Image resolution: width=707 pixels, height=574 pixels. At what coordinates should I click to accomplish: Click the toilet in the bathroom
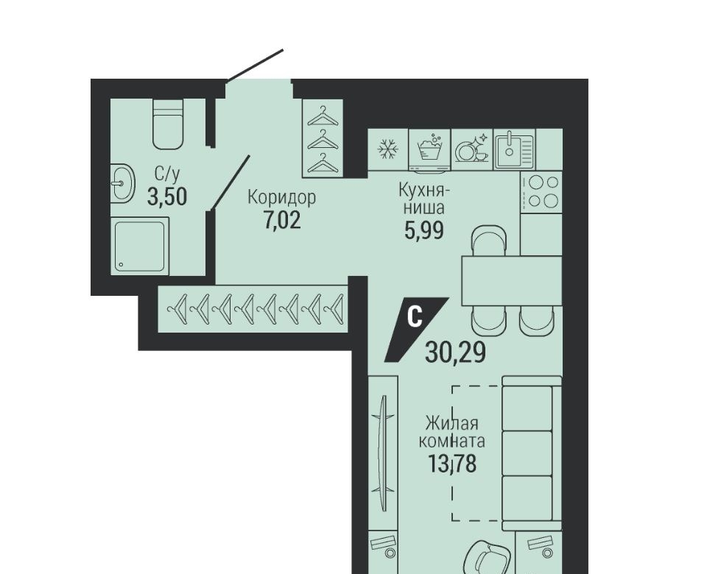tap(168, 124)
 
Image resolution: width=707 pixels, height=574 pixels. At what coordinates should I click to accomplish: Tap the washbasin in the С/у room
tap(122, 183)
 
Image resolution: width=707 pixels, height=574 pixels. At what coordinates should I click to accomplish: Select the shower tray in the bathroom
tap(140, 246)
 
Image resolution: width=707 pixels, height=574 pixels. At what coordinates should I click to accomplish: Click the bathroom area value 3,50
tap(167, 197)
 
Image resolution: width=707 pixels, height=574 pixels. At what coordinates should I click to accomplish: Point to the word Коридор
tap(282, 197)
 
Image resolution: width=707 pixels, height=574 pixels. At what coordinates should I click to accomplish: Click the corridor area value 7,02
tap(282, 221)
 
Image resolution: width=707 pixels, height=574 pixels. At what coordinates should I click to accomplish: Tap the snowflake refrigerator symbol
tap(388, 149)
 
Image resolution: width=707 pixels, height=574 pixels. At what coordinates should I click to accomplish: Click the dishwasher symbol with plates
tap(471, 149)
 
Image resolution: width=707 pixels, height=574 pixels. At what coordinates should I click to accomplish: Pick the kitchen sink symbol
tap(514, 149)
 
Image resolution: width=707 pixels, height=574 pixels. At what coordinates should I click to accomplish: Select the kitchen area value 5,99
tap(424, 230)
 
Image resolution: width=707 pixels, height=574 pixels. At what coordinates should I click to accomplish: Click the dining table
tap(512, 280)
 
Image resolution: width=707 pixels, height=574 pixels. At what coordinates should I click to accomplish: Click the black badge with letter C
tap(415, 330)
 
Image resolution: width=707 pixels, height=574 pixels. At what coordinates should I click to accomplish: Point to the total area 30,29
tap(455, 352)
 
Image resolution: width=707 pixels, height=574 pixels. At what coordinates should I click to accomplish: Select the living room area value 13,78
tap(452, 464)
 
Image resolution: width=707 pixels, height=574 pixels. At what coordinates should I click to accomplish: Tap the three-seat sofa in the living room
tap(532, 453)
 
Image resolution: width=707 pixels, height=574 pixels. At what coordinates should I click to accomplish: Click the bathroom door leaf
tap(231, 183)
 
